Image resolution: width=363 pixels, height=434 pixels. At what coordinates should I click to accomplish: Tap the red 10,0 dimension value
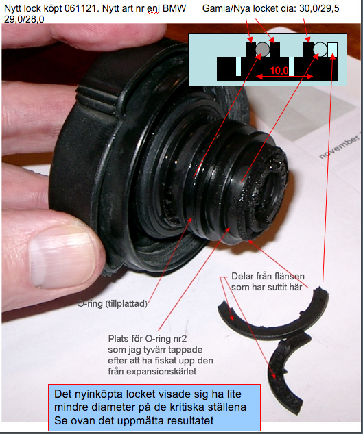(x=279, y=71)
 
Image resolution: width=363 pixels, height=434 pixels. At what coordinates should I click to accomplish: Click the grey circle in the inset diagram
(x=262, y=49)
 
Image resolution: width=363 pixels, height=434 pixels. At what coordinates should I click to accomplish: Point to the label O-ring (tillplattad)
(x=112, y=304)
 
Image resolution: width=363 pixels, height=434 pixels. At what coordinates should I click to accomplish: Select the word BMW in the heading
(x=174, y=9)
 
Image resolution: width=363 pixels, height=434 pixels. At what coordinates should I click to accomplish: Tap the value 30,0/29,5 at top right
(x=319, y=9)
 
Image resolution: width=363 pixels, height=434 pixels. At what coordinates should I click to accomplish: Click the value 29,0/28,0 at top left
(x=24, y=19)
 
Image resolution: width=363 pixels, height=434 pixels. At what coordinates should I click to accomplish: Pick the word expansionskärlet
(x=152, y=371)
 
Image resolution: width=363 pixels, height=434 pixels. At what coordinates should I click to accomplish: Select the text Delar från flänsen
(x=268, y=277)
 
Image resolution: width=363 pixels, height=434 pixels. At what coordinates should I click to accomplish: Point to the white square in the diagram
(x=332, y=49)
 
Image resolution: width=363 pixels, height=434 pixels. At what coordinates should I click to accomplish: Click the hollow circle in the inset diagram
(x=320, y=49)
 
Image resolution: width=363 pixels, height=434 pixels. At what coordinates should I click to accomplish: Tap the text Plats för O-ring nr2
(x=148, y=339)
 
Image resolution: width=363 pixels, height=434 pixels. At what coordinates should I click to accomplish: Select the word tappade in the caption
(x=185, y=350)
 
